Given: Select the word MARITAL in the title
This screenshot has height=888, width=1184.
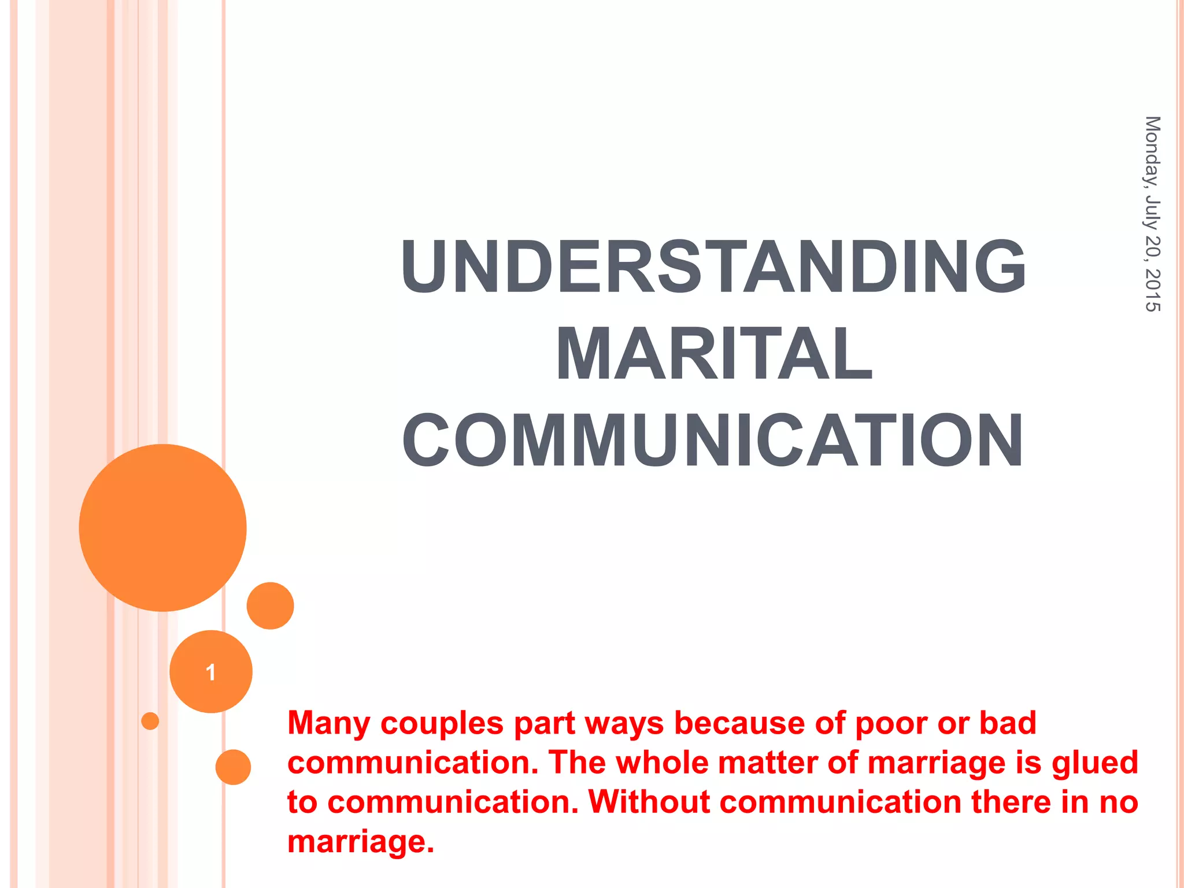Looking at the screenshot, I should tap(713, 354).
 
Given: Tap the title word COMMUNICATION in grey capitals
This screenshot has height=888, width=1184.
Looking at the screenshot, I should tap(713, 440).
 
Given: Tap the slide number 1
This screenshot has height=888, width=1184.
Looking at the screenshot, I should tap(211, 672).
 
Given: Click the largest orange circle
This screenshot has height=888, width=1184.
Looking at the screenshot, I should tap(162, 527).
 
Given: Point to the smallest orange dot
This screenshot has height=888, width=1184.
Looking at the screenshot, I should tap(150, 721).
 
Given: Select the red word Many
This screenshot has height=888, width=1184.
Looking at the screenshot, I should tap(329, 723).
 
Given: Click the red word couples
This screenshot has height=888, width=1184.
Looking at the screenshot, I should tap(442, 723).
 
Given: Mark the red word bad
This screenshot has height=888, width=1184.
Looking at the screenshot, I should tap(1008, 723).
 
